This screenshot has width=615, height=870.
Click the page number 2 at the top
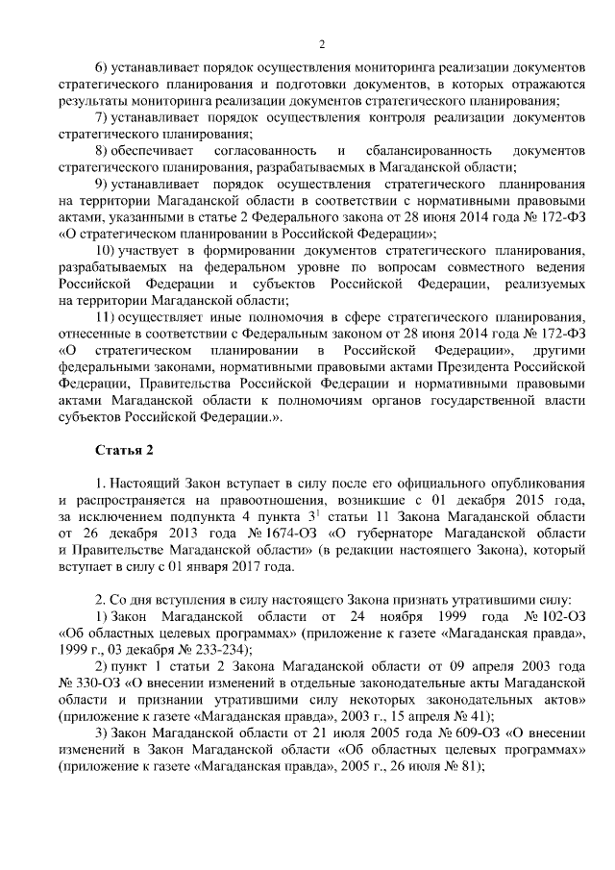322,43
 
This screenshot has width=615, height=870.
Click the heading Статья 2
125,450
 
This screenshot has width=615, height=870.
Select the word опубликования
534,485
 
